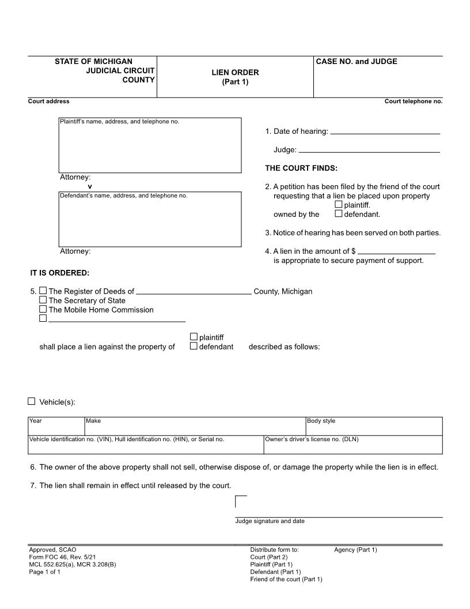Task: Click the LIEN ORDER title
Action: click(x=235, y=73)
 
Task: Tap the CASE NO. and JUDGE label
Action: click(x=357, y=62)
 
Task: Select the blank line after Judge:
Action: click(x=369, y=151)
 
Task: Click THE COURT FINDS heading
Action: click(x=301, y=168)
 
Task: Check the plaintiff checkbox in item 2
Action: click(x=339, y=205)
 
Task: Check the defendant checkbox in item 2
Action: click(x=339, y=214)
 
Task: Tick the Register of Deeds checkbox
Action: click(x=43, y=291)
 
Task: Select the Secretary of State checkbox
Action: click(x=43, y=300)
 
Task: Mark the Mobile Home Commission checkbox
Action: click(x=43, y=310)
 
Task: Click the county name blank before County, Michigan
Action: click(x=194, y=292)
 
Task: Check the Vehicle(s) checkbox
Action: click(x=32, y=401)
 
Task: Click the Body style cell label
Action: click(x=321, y=421)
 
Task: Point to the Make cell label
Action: click(x=93, y=421)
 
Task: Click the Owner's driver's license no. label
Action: click(x=312, y=439)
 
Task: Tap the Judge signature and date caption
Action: click(x=270, y=521)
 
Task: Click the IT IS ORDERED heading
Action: click(x=60, y=273)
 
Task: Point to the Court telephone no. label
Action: click(x=414, y=101)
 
